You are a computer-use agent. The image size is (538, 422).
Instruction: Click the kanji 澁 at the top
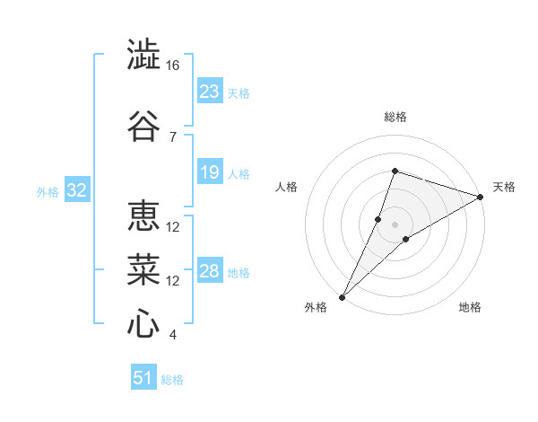click(143, 54)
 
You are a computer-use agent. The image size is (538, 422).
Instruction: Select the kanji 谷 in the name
click(143, 126)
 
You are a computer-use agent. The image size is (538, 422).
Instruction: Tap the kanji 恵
click(143, 215)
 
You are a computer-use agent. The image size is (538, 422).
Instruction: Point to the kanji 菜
click(143, 269)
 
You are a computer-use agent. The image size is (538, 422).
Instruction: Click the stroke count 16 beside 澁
click(172, 66)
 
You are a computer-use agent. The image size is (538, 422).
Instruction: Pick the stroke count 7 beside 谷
click(173, 137)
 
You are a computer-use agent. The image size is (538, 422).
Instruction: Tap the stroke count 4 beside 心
click(172, 335)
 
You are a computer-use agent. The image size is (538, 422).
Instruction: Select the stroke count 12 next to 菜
click(172, 281)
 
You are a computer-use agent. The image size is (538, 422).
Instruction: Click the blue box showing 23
click(210, 90)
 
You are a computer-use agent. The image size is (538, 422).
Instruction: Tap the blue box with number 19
click(210, 171)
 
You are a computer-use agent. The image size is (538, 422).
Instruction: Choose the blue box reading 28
click(210, 269)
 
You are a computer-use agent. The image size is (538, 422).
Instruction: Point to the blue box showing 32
click(77, 189)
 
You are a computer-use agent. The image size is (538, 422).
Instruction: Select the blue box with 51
click(143, 376)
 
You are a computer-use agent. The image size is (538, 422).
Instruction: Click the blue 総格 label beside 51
click(172, 380)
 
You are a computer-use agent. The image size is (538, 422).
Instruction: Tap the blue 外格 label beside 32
click(48, 192)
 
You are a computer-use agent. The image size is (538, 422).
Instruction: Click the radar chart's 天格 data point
click(480, 197)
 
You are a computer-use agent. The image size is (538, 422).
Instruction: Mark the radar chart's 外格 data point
click(342, 297)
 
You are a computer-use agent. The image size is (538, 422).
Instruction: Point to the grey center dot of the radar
click(395, 224)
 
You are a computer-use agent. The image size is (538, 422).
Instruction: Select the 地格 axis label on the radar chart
click(470, 307)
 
